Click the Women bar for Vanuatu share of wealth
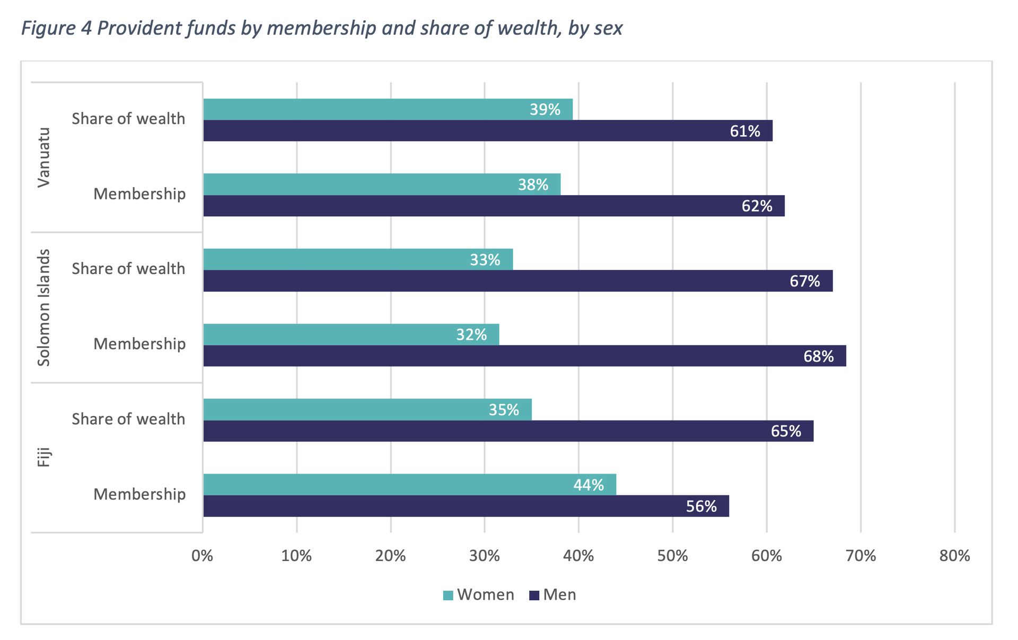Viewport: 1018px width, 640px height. pyautogui.click(x=387, y=109)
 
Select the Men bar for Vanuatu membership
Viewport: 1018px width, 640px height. pyautogui.click(x=493, y=206)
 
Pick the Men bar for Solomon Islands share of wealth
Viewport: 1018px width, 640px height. pyautogui.click(x=517, y=281)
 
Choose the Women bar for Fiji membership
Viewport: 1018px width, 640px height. pyautogui.click(x=409, y=485)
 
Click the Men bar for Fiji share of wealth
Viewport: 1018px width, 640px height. pyautogui.click(x=508, y=431)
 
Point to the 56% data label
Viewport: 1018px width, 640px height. pyautogui.click(x=701, y=507)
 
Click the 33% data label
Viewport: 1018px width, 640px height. pyautogui.click(x=485, y=260)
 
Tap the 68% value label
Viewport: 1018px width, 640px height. pyautogui.click(x=818, y=356)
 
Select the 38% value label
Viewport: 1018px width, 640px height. pyautogui.click(x=533, y=185)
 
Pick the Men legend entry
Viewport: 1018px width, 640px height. pyautogui.click(x=553, y=595)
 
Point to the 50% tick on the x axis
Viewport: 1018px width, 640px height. pyautogui.click(x=672, y=556)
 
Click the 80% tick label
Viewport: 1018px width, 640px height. pyautogui.click(x=954, y=556)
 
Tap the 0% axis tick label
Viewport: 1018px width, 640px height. pyautogui.click(x=203, y=556)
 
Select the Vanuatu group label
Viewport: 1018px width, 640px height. pyautogui.click(x=44, y=157)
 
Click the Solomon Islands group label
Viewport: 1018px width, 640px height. pyautogui.click(x=44, y=308)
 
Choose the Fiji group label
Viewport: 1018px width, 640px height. pyautogui.click(x=44, y=457)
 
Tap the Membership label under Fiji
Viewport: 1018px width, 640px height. pyautogui.click(x=139, y=495)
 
